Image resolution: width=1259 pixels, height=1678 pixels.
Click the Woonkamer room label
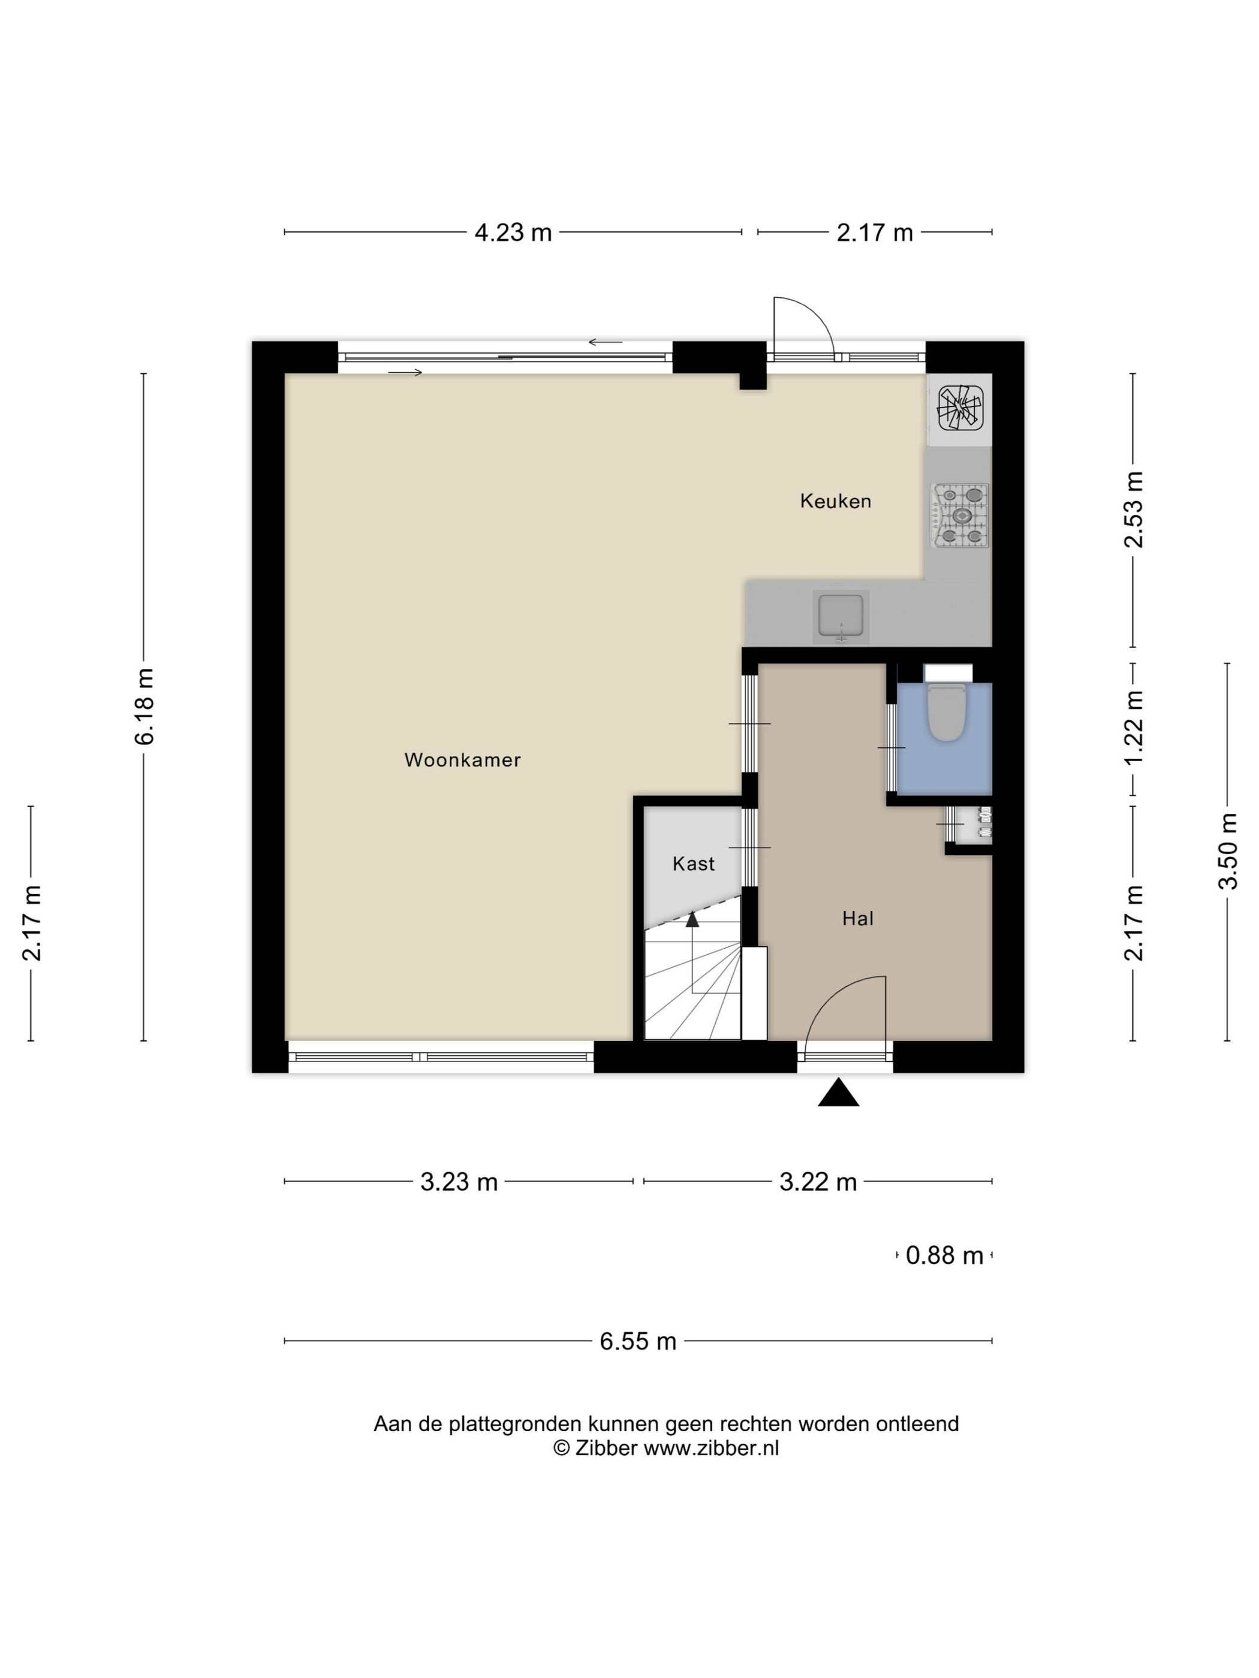[462, 759]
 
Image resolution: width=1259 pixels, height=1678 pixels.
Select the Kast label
[694, 864]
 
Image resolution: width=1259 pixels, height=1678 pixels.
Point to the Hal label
[857, 919]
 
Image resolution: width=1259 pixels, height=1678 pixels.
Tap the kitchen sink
[840, 615]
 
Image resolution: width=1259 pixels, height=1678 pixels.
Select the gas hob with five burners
[961, 516]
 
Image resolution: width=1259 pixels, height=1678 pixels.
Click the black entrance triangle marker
[838, 1092]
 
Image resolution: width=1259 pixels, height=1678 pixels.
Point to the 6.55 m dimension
[637, 1341]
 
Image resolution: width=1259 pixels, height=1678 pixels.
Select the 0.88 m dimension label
[944, 1256]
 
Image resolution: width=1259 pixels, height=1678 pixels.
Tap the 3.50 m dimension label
[1227, 851]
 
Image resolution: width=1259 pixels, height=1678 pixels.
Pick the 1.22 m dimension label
[1134, 729]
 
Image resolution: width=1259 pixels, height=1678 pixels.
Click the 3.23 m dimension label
[459, 1182]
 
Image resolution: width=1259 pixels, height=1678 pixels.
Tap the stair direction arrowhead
[692, 920]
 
